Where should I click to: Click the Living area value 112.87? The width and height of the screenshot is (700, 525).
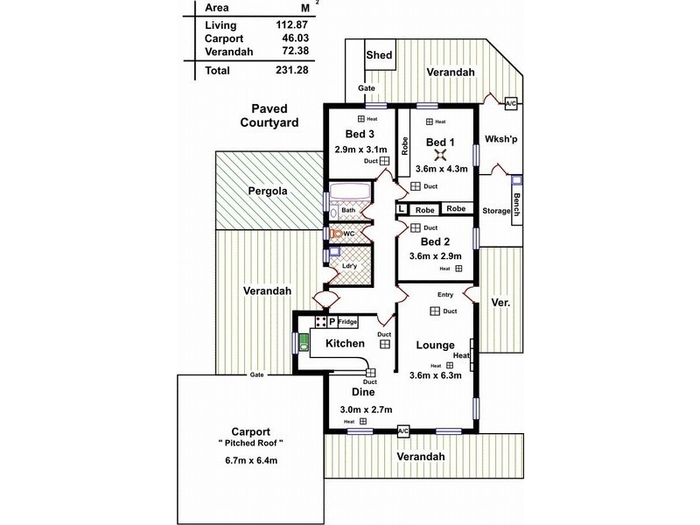coord(282,25)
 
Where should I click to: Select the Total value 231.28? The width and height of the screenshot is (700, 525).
coord(282,69)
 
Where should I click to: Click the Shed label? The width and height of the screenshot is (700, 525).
coord(379,57)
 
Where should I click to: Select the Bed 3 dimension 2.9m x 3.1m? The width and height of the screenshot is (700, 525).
coord(360,149)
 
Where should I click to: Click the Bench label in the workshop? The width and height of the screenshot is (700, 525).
coord(517,206)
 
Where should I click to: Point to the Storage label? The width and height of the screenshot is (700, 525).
coord(496,211)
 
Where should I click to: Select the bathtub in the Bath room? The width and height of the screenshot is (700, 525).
coord(350,195)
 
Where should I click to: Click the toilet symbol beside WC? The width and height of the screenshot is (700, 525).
coord(335,234)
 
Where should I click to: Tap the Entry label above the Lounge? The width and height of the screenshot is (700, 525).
coord(435,296)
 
